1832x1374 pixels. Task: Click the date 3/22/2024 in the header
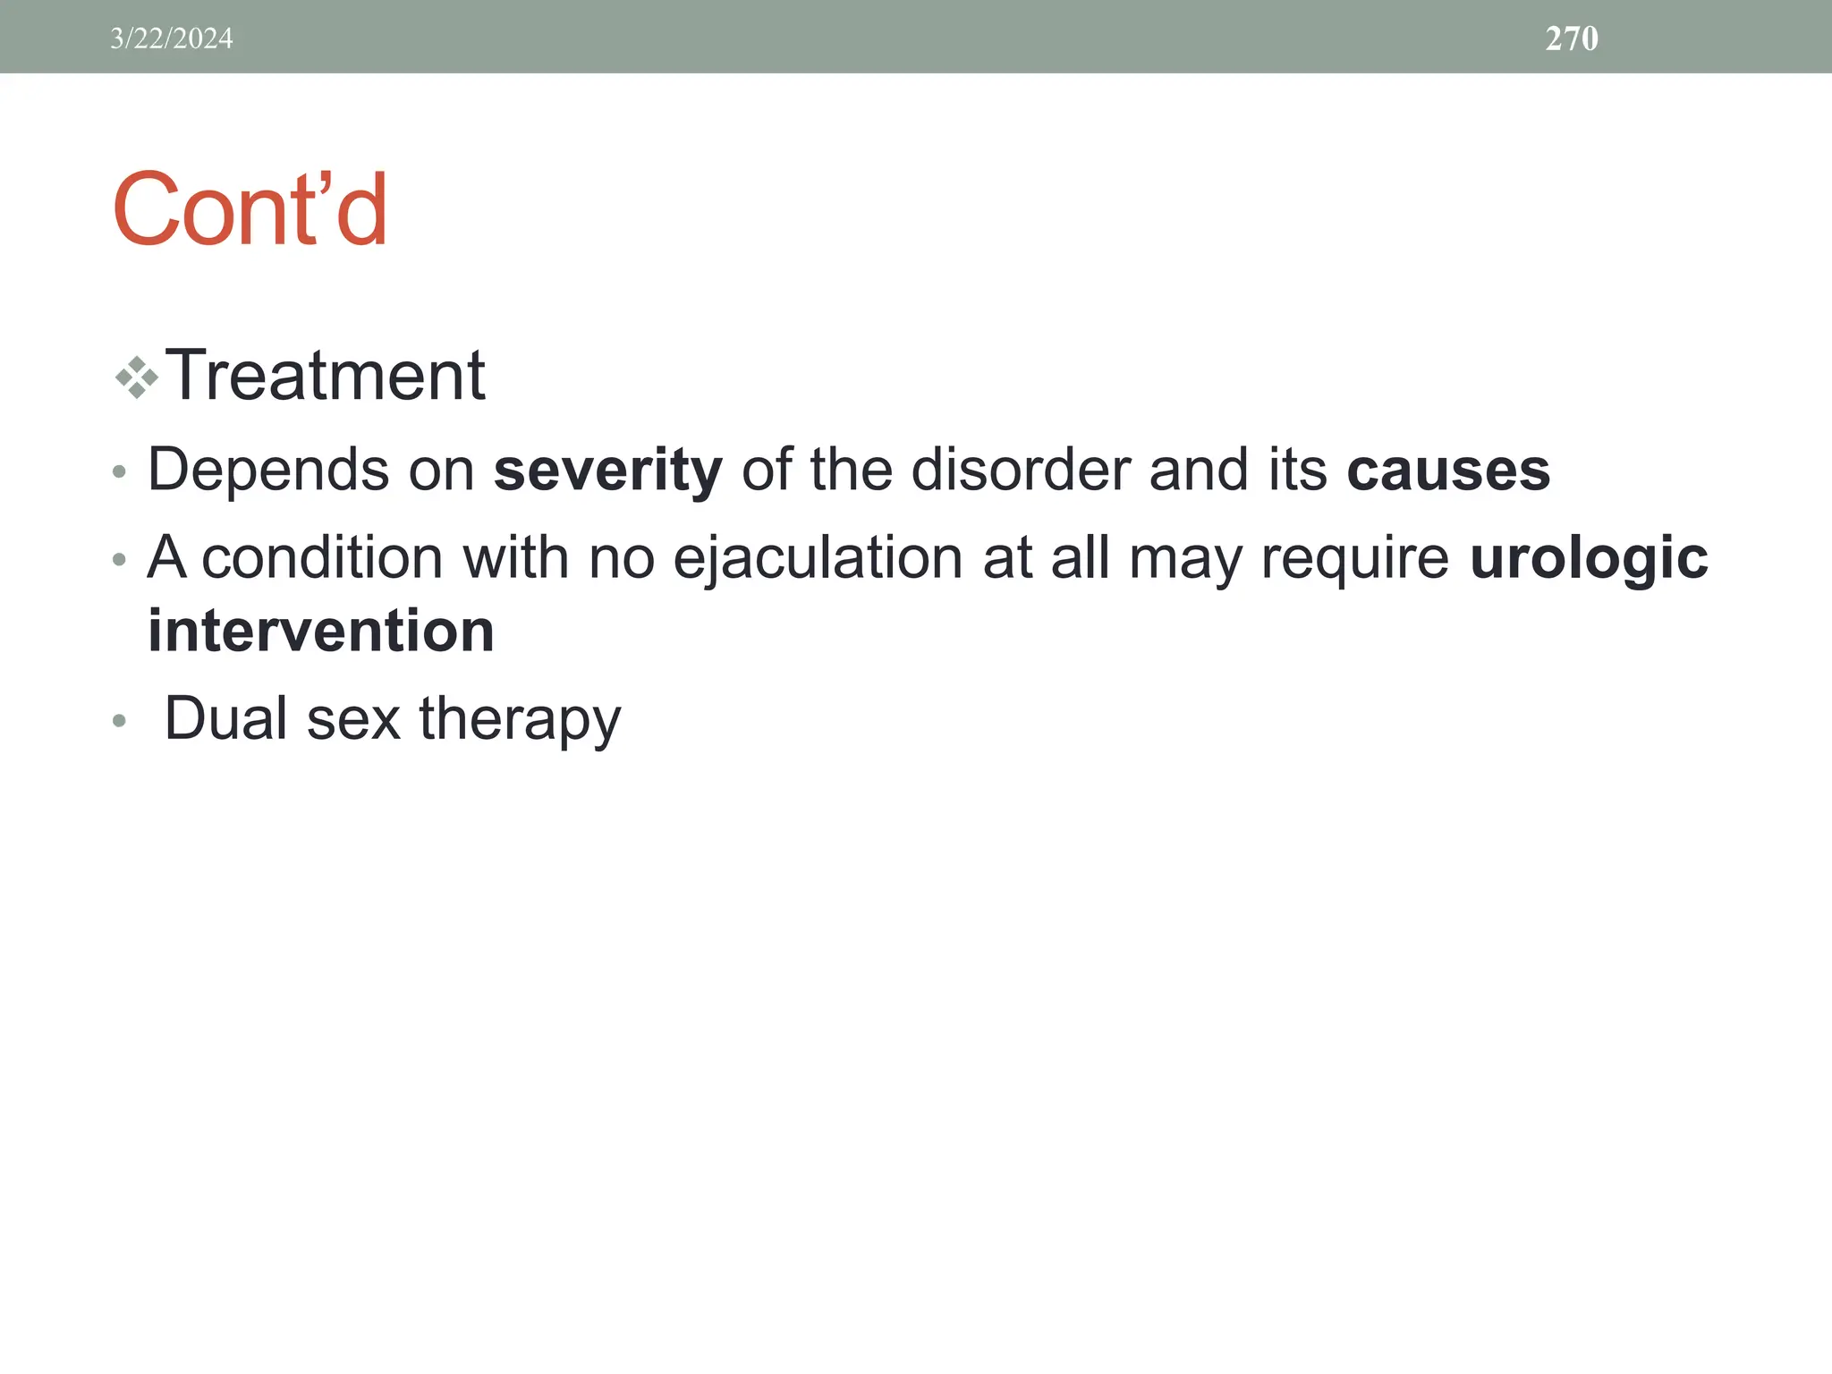[x=171, y=38]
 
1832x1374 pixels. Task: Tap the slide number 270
[x=1572, y=38]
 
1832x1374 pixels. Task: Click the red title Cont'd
[x=250, y=210]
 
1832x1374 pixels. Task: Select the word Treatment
[x=326, y=376]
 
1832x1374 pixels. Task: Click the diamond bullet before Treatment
[x=137, y=377]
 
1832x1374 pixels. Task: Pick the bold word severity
[x=607, y=471]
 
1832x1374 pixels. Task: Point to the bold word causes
[x=1448, y=471]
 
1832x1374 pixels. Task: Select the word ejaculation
[x=818, y=559]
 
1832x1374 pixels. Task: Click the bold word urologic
[x=1589, y=559]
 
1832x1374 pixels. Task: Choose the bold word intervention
[x=321, y=632]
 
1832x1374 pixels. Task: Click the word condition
[x=322, y=559]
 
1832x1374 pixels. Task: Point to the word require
[x=1354, y=559]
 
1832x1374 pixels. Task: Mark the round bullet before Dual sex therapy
[x=119, y=721]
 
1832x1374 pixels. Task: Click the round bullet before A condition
[x=119, y=561]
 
